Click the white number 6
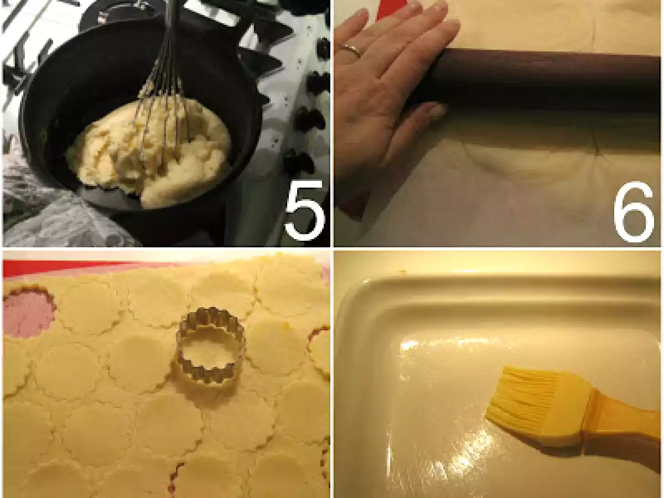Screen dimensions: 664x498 click(x=634, y=212)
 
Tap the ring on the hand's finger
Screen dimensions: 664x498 click(x=351, y=50)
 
